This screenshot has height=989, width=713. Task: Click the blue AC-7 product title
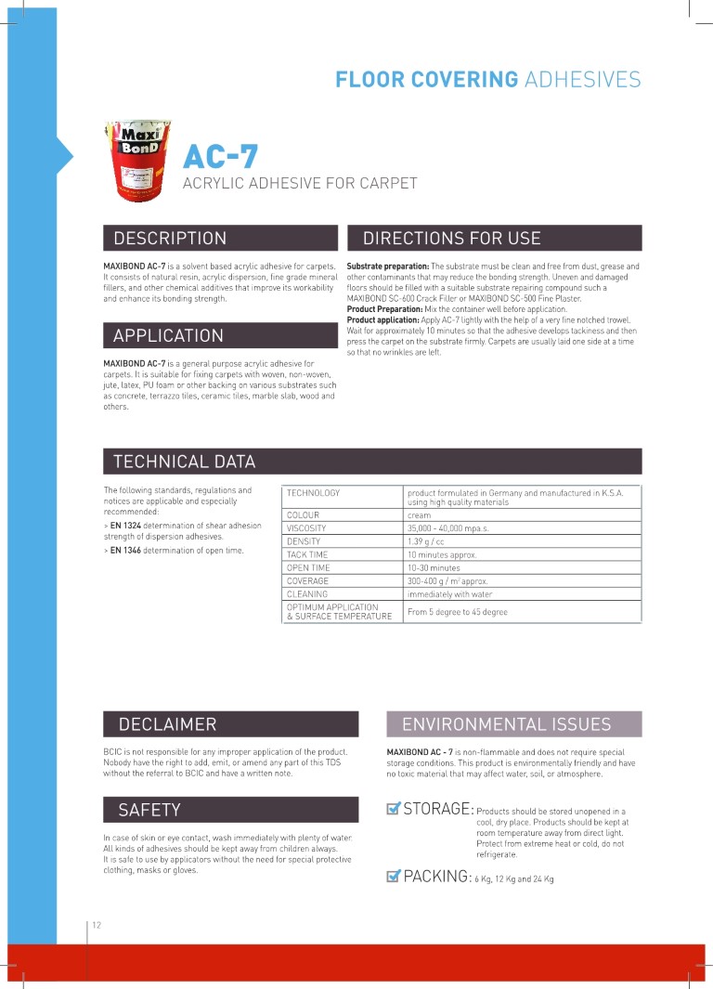click(x=220, y=155)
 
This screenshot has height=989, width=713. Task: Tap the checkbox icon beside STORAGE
click(x=393, y=809)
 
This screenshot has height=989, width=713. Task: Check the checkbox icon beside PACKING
click(x=393, y=876)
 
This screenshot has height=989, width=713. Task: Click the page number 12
click(x=97, y=925)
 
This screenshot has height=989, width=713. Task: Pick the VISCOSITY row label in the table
click(x=306, y=528)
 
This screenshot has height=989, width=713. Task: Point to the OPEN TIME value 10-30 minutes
click(x=434, y=567)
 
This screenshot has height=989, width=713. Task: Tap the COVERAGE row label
click(x=307, y=580)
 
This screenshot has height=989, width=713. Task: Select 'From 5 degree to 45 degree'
click(x=458, y=612)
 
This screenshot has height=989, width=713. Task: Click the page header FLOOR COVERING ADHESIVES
click(x=487, y=80)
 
